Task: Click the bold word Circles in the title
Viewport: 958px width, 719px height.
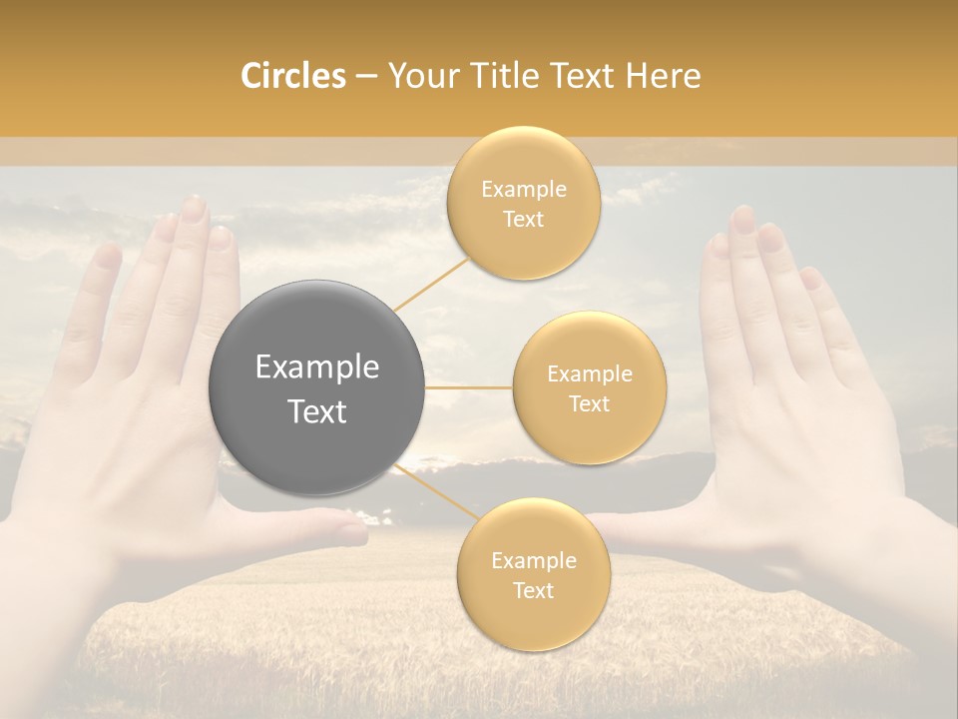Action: click(293, 76)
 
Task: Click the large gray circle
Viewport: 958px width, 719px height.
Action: click(316, 387)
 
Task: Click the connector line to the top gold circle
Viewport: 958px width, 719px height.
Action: click(431, 284)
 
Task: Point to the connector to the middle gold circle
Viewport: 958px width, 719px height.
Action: click(468, 387)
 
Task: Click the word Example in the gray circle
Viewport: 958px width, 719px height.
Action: click(316, 367)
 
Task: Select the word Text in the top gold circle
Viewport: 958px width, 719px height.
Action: click(523, 220)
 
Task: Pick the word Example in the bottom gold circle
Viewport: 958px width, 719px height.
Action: click(533, 561)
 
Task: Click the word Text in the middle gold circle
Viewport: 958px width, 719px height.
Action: click(589, 404)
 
